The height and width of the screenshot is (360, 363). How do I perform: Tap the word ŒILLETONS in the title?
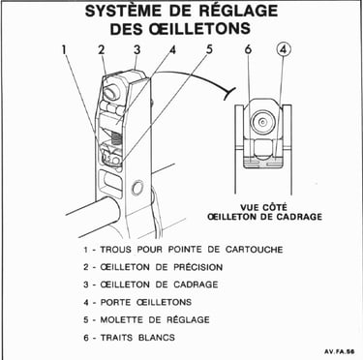(x=196, y=28)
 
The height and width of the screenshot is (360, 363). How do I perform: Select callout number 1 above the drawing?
(x=64, y=50)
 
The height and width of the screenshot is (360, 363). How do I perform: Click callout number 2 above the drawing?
(x=102, y=50)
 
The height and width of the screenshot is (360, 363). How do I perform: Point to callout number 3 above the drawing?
(x=137, y=50)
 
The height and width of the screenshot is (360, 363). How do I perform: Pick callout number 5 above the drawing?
(x=209, y=50)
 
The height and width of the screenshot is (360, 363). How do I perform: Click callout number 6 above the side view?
(x=248, y=49)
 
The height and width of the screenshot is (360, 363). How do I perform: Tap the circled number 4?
(x=284, y=50)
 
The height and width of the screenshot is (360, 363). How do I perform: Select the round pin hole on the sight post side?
(x=137, y=188)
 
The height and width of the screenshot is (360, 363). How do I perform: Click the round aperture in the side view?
(x=263, y=123)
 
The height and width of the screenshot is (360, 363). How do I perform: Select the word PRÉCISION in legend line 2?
(x=197, y=267)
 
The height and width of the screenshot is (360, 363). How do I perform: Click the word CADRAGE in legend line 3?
(x=196, y=285)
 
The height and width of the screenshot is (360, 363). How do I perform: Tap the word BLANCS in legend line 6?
(x=157, y=338)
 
